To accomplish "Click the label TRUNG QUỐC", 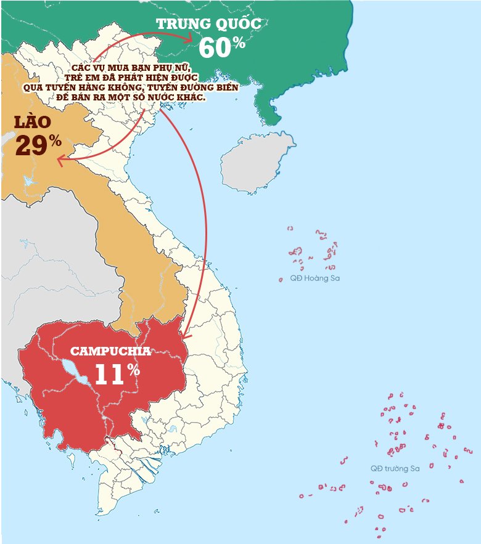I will click(x=208, y=25).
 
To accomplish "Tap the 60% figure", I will click(x=222, y=47).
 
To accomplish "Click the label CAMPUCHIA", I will click(x=110, y=352).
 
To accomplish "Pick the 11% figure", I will click(x=117, y=375).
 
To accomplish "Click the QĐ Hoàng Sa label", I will click(x=314, y=278).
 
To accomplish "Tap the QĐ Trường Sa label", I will click(x=395, y=469).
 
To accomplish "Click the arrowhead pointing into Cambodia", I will click(x=186, y=337).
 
